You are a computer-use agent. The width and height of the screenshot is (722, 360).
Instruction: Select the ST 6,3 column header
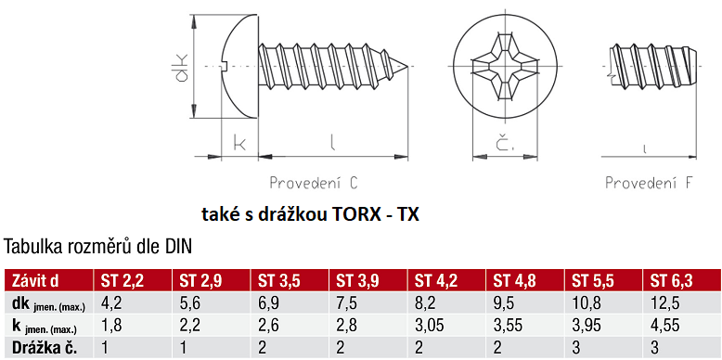pyautogui.click(x=671, y=281)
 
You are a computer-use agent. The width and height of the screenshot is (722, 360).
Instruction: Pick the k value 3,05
pyautogui.click(x=430, y=326)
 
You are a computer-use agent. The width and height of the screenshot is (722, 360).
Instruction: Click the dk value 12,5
pyautogui.click(x=664, y=303)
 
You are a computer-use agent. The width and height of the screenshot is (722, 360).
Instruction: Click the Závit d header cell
pyautogui.click(x=36, y=281)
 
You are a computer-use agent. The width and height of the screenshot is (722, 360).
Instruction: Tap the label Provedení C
pyautogui.click(x=314, y=183)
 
